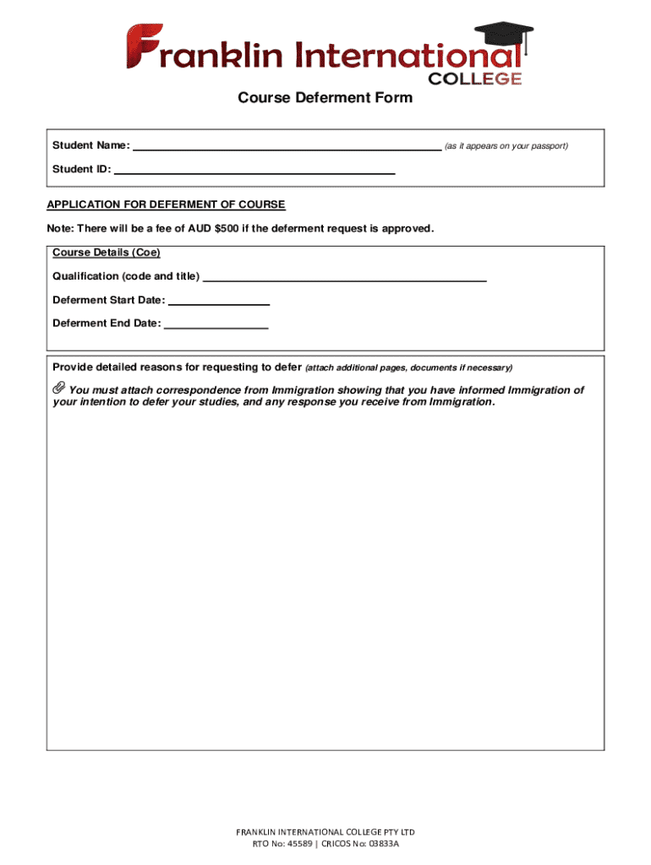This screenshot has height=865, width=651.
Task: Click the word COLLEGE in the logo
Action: click(x=475, y=79)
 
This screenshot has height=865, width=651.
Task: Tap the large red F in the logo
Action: click(x=141, y=47)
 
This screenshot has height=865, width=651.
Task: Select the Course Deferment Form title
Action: click(x=325, y=98)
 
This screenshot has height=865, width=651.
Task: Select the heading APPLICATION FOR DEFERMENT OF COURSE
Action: click(x=166, y=204)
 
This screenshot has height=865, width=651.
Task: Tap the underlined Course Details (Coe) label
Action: click(x=106, y=253)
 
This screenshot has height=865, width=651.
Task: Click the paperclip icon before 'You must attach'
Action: click(x=57, y=389)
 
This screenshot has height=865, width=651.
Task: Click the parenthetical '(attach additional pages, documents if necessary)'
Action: click(x=408, y=368)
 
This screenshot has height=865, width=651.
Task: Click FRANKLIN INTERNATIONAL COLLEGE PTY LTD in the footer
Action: click(x=325, y=832)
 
